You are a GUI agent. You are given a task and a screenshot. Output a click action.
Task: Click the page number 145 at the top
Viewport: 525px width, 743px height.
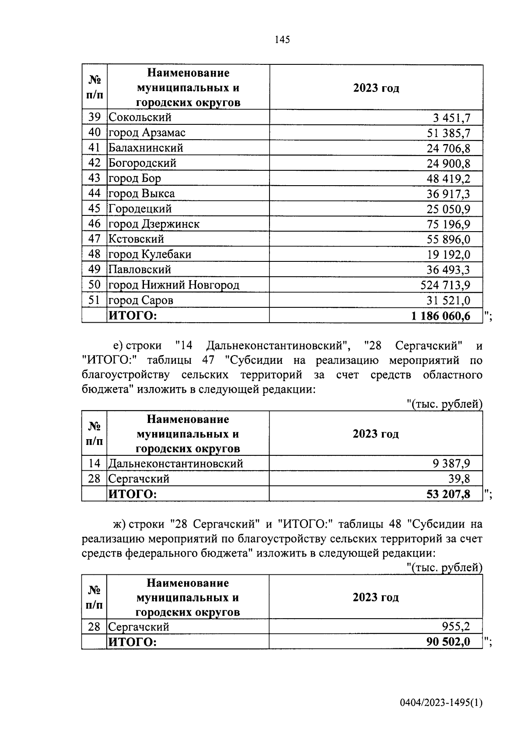point(282,40)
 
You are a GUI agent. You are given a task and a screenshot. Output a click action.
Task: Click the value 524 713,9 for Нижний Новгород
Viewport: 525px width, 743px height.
point(445,285)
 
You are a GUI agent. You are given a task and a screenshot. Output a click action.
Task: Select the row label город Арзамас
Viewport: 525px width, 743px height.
point(147,133)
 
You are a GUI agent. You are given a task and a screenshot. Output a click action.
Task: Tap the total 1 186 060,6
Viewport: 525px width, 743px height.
point(441,316)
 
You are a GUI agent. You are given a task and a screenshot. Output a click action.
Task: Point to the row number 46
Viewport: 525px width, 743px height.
point(94,224)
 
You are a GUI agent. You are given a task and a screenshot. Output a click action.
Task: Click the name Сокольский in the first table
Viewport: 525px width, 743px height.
point(140,117)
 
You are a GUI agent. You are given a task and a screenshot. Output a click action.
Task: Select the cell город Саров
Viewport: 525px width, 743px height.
point(141,300)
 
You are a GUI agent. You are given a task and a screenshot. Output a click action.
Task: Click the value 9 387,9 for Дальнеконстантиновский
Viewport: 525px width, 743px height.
point(451,464)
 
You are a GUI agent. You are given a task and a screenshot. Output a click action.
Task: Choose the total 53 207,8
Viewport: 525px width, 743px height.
point(448,494)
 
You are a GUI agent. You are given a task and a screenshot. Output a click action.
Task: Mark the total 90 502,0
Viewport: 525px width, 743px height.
point(448,642)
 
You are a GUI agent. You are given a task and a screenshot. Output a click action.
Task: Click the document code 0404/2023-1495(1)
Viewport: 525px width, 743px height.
point(441,703)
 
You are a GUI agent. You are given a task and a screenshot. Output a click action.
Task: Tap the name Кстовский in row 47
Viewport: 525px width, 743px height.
point(136,239)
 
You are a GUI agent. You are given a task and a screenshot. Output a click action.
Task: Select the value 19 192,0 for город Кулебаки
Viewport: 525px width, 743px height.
point(448,255)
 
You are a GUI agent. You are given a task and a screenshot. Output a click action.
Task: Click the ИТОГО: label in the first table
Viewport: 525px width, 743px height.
point(133,316)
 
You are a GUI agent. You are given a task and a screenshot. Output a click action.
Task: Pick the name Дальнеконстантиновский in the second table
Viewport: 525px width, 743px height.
point(176,463)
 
